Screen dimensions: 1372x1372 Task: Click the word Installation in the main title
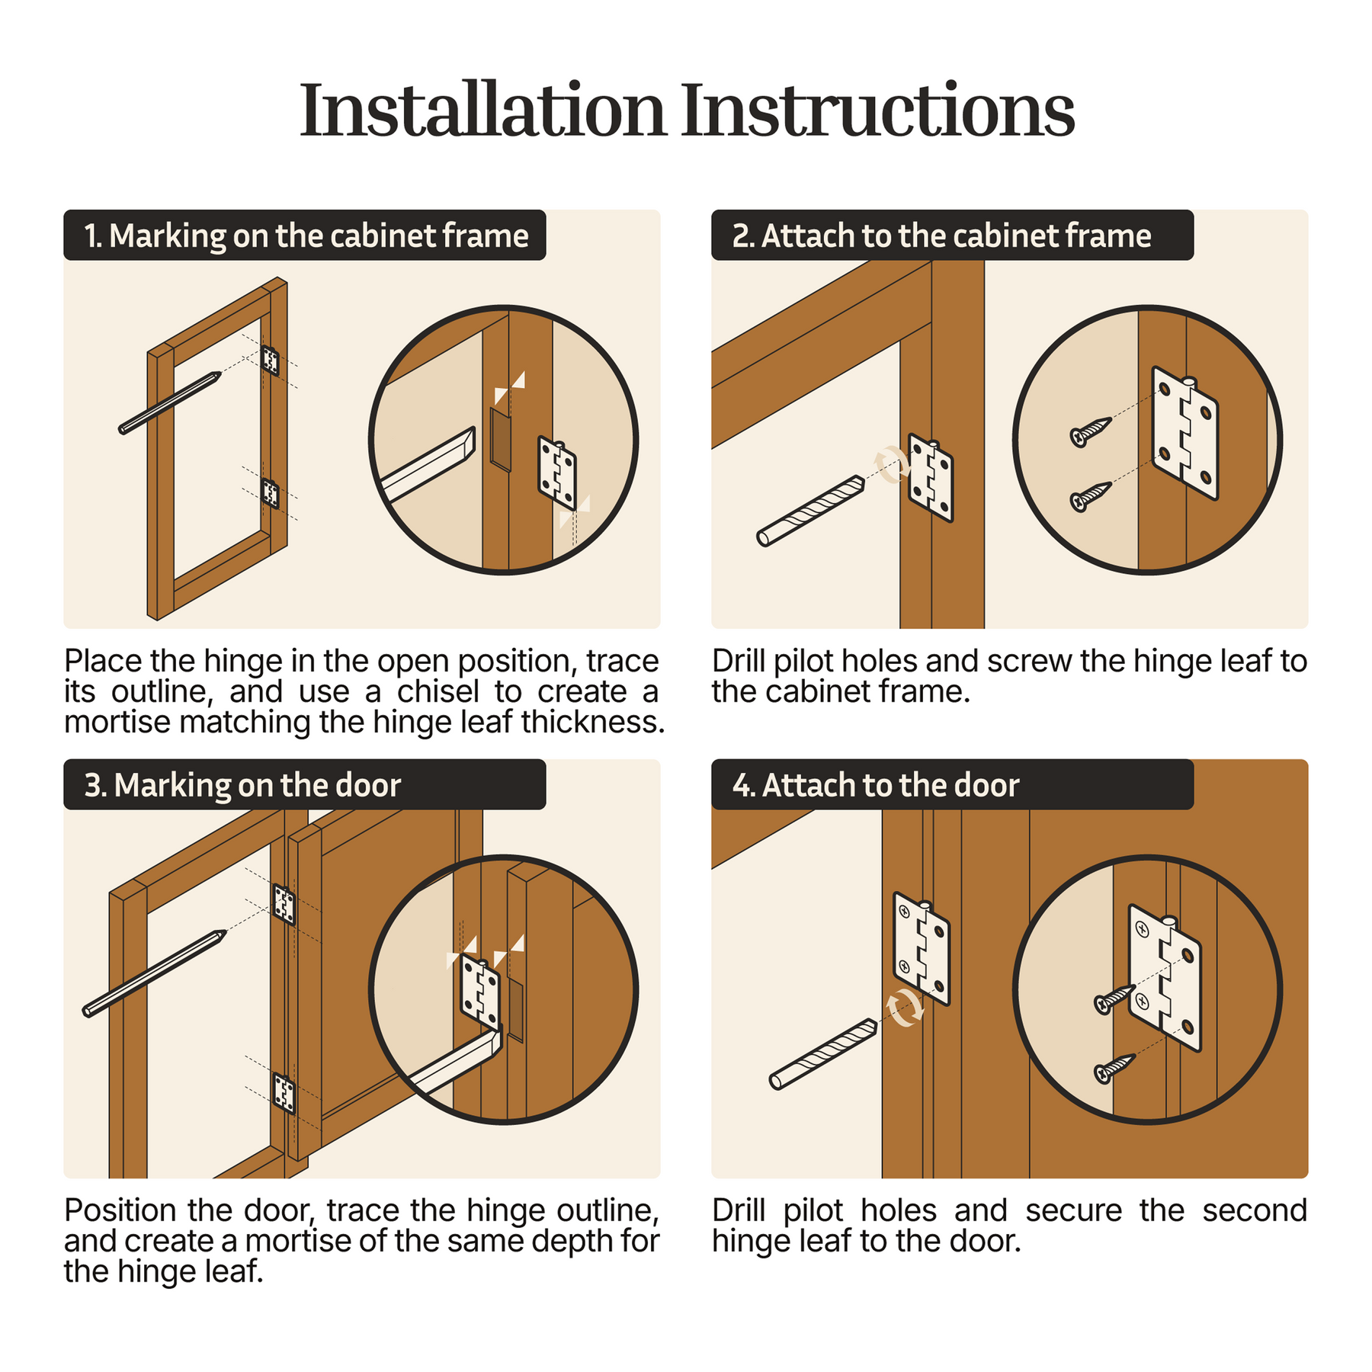(x=483, y=111)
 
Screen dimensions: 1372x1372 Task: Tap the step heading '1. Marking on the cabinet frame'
(x=306, y=236)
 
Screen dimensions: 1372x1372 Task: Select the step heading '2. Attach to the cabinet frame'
(x=941, y=236)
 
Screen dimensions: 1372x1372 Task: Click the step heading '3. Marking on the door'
(x=242, y=785)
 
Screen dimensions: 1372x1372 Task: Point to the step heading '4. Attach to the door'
(x=876, y=785)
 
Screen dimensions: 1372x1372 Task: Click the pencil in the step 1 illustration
(x=170, y=402)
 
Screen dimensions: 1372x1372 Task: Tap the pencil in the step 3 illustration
(x=155, y=973)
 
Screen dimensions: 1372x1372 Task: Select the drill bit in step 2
(x=811, y=511)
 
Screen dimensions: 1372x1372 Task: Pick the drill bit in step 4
(x=823, y=1054)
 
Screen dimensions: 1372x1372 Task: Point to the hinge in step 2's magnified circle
(x=1185, y=433)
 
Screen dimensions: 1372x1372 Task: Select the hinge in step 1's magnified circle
(x=557, y=473)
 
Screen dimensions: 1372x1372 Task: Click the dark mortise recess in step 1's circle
(x=501, y=440)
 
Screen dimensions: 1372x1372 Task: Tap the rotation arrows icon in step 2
(x=892, y=464)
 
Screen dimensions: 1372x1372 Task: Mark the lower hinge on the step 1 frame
(x=271, y=493)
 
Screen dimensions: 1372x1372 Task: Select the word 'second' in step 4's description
(x=1255, y=1210)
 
